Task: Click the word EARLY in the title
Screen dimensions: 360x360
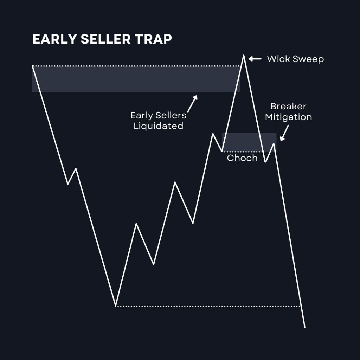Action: pyautogui.click(x=54, y=39)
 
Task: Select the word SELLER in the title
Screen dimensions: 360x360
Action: pyautogui.click(x=105, y=39)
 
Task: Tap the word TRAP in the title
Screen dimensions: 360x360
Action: pyautogui.click(x=153, y=39)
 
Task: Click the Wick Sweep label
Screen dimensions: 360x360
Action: pyautogui.click(x=295, y=59)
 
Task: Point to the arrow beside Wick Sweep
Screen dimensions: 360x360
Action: pyautogui.click(x=255, y=59)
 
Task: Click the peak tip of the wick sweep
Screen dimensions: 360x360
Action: pyautogui.click(x=244, y=55)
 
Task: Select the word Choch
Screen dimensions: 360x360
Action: pyautogui.click(x=242, y=158)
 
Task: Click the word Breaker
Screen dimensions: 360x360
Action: pyautogui.click(x=288, y=106)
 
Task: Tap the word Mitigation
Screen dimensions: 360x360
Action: pyautogui.click(x=288, y=117)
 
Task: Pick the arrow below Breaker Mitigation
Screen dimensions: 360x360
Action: pyautogui.click(x=284, y=133)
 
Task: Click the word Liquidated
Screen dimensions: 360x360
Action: pyautogui.click(x=159, y=126)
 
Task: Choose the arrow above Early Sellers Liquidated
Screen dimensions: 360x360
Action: pyautogui.click(x=192, y=104)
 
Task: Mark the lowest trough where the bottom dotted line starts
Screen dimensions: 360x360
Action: pyautogui.click(x=115, y=306)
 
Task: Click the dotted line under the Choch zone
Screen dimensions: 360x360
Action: pyautogui.click(x=243, y=152)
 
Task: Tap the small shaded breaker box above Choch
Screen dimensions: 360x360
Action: pyautogui.click(x=249, y=142)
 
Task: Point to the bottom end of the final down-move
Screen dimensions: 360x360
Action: pyautogui.click(x=305, y=328)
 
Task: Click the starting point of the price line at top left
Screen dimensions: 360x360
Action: pyautogui.click(x=33, y=66)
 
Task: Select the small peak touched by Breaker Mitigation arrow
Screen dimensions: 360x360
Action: pyautogui.click(x=274, y=144)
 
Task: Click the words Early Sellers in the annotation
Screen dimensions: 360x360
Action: pyautogui.click(x=159, y=115)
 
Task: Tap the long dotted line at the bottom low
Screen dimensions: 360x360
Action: pyautogui.click(x=208, y=306)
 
